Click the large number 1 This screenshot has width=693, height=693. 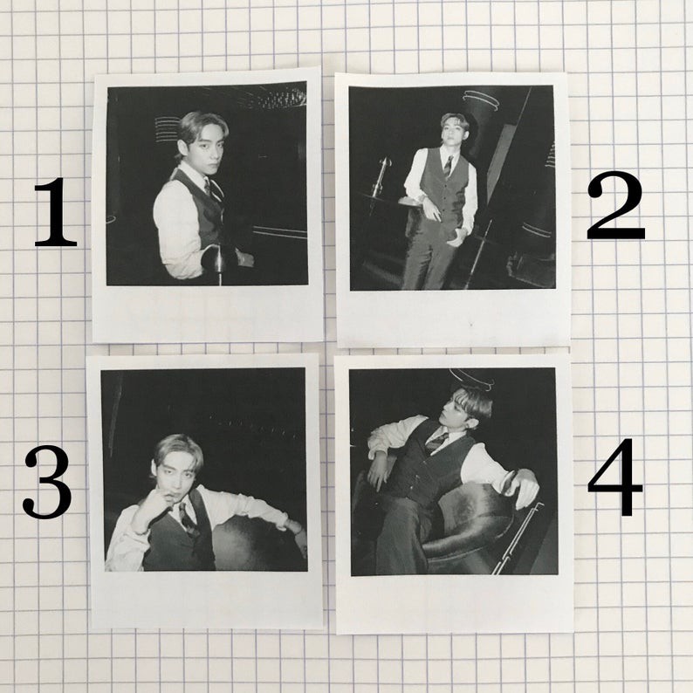(x=56, y=212)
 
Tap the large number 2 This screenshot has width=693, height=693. (x=615, y=206)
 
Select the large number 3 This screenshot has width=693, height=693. (x=47, y=482)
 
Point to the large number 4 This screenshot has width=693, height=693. (x=614, y=477)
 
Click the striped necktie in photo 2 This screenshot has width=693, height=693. (x=448, y=166)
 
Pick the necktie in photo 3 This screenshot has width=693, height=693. (x=187, y=519)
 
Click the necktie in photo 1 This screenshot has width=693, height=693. (x=213, y=189)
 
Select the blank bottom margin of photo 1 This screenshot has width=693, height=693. (x=208, y=313)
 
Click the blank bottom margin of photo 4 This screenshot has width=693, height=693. (x=455, y=604)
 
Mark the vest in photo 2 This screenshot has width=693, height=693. (x=443, y=188)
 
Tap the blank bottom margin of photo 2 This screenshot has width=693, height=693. (x=454, y=318)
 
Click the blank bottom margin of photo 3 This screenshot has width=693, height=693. (x=206, y=600)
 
